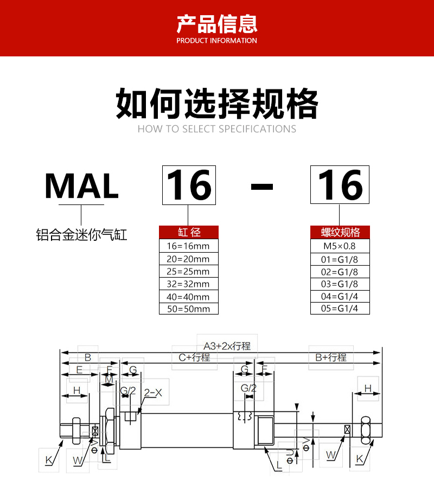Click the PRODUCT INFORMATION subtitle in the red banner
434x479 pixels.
point(216,41)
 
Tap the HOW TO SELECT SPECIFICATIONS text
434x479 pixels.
point(217,129)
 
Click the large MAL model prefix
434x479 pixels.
point(81,186)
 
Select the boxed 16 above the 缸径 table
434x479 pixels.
point(189,185)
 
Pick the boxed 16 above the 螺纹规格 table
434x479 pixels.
point(340,185)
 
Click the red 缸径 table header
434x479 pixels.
point(189,232)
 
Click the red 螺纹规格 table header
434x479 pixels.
point(340,232)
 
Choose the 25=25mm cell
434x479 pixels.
point(189,271)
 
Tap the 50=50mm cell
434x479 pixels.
point(189,309)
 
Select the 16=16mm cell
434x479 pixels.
point(189,246)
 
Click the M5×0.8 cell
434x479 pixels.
point(340,246)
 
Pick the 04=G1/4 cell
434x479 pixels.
point(340,296)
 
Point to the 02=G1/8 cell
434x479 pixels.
point(340,272)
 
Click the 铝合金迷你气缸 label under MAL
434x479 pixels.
point(81,235)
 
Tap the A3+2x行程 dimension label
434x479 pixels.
point(227,346)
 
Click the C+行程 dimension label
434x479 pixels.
point(194,357)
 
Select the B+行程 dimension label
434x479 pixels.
point(331,357)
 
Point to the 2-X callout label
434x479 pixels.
point(153,393)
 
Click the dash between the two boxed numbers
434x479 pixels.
point(261,187)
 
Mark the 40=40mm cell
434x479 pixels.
point(189,296)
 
